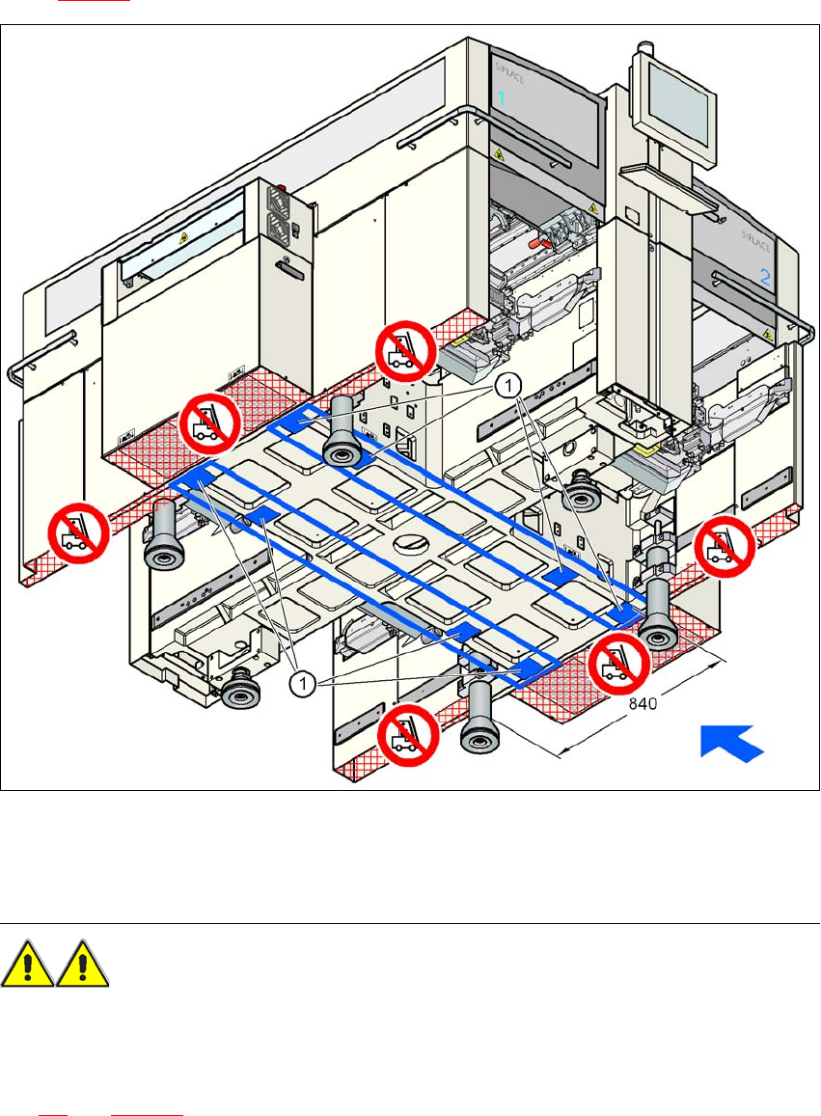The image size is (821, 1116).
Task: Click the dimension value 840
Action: click(x=643, y=704)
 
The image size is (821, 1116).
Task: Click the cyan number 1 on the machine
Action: click(x=502, y=96)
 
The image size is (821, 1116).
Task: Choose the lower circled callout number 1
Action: click(x=303, y=684)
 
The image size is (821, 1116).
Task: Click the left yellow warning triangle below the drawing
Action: click(x=29, y=966)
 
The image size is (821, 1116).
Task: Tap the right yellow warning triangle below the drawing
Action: click(x=82, y=966)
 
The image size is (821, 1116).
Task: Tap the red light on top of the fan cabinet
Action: click(x=284, y=189)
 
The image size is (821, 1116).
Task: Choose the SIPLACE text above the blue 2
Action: click(x=754, y=237)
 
